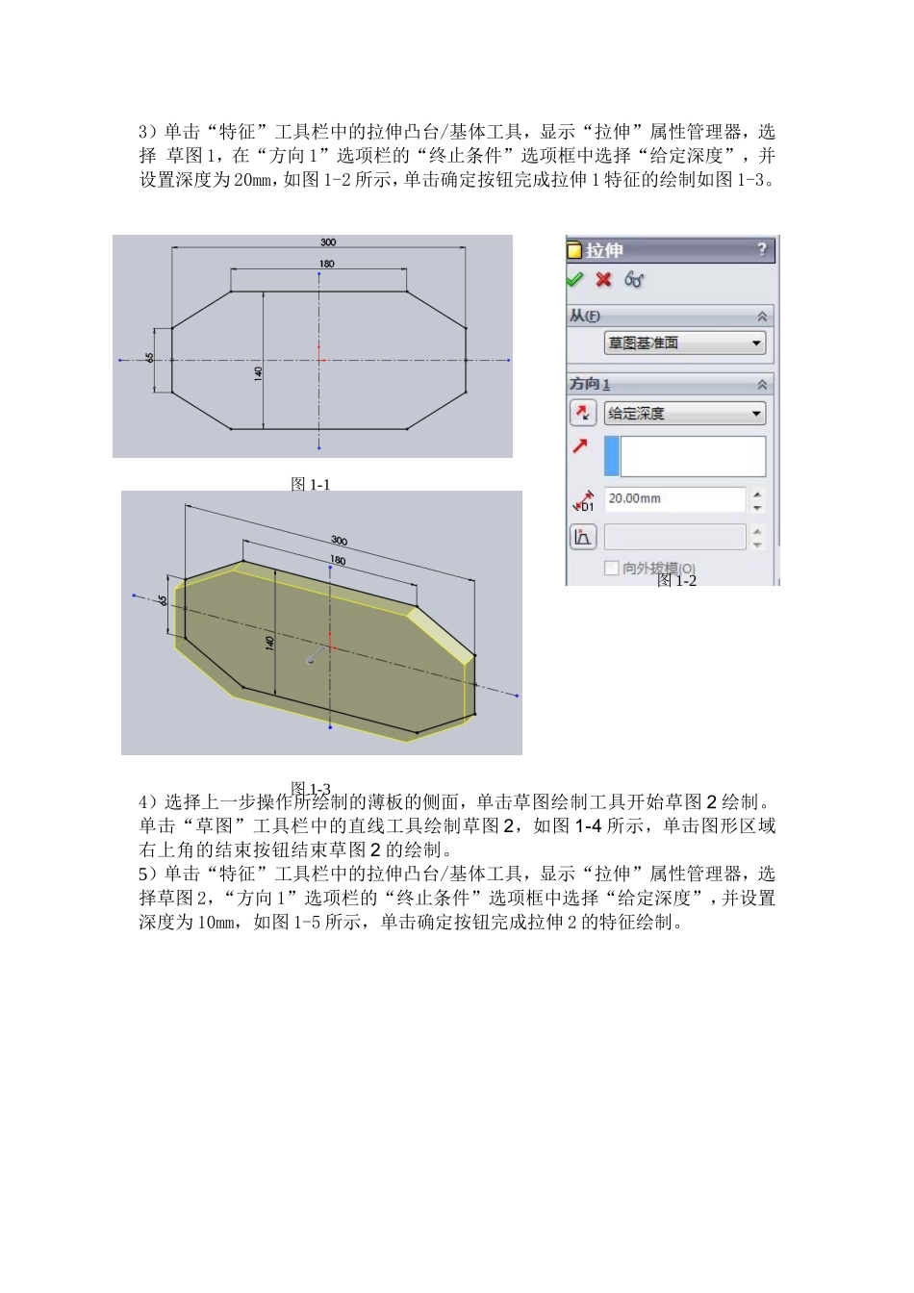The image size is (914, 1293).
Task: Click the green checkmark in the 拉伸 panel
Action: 574,279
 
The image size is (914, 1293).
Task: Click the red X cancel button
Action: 603,279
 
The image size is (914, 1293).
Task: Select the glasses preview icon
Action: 633,279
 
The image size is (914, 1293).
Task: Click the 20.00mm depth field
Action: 673,498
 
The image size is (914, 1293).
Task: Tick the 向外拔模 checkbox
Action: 611,568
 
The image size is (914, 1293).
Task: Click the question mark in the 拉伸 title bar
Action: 762,250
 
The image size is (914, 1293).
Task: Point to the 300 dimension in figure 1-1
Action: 328,242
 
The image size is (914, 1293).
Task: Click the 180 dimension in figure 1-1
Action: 327,264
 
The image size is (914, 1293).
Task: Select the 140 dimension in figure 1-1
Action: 258,373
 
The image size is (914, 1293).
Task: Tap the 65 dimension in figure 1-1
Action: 150,358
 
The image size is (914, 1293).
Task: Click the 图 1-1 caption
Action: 310,484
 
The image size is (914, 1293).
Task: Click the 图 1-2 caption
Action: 676,580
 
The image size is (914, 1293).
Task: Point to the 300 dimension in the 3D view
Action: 339,541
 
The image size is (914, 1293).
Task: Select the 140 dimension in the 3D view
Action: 269,641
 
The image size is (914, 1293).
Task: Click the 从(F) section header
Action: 584,316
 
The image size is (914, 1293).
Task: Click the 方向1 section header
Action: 590,384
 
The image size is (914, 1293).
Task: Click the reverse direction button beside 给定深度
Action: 583,414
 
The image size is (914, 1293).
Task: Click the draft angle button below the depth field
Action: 583,537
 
